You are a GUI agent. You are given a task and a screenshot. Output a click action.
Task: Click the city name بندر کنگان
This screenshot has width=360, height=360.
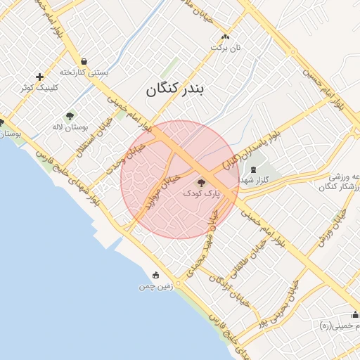tap(183, 90)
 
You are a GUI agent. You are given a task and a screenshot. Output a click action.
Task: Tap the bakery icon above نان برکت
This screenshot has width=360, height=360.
tap(225, 37)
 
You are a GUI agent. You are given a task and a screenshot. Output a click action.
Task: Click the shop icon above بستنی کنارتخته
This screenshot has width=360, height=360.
tap(85, 61)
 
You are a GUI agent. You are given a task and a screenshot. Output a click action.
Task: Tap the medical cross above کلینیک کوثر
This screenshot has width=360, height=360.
tap(39, 77)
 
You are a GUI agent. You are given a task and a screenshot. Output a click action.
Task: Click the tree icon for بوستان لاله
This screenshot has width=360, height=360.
tap(70, 116)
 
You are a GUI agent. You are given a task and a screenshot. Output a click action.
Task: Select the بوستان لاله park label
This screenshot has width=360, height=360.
tap(69, 127)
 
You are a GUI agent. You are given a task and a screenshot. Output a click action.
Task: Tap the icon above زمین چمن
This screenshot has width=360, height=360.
tap(156, 276)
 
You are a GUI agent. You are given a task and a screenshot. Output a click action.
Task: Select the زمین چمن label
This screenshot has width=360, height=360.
tap(155, 287)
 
